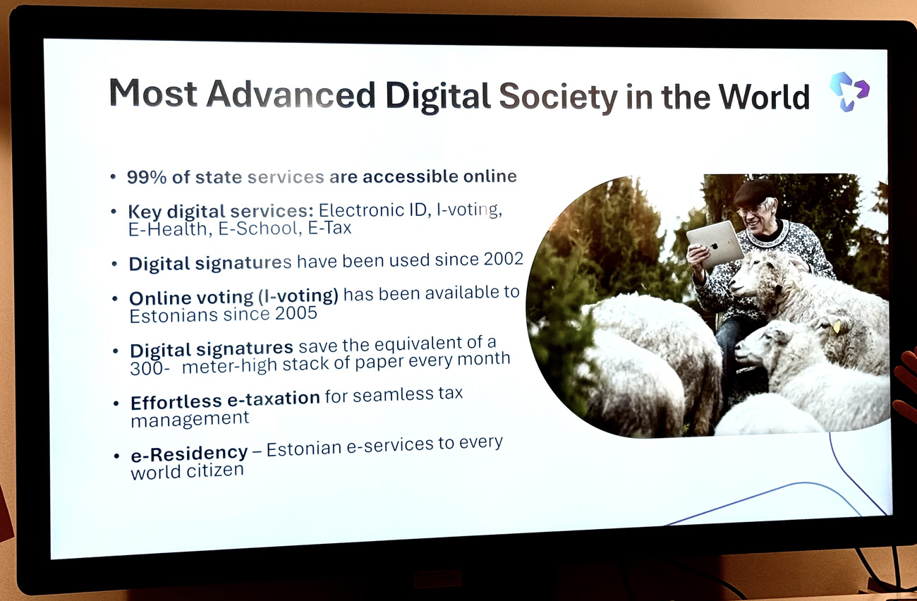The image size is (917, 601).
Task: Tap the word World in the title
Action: tap(764, 97)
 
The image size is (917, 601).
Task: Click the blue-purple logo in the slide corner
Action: tap(849, 91)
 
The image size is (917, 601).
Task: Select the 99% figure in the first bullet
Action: tap(147, 177)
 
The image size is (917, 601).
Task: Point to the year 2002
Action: tap(504, 258)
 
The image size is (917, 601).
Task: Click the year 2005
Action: tap(296, 314)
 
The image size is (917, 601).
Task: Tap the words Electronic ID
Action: tap(375, 210)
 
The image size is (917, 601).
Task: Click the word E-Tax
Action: tap(329, 228)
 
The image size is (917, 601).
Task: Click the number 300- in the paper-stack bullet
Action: tap(150, 368)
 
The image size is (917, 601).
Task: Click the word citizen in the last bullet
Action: tap(215, 471)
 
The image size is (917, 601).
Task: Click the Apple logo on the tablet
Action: tap(714, 245)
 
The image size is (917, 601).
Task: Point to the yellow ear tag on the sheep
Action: tap(837, 327)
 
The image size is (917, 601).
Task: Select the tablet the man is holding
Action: tap(715, 244)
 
